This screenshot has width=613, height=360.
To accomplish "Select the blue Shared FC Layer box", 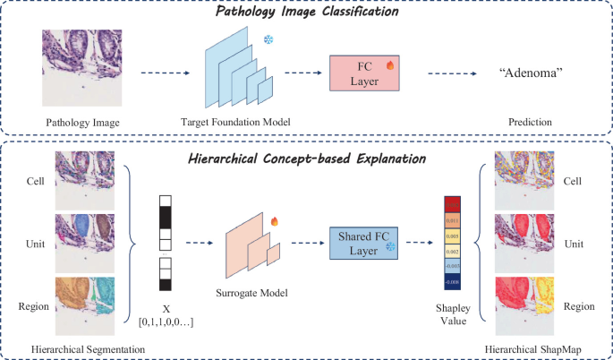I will coord(364,242).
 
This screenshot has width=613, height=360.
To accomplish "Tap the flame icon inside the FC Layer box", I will coord(390,65).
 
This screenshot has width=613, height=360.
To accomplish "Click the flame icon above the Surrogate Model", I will coord(274,219).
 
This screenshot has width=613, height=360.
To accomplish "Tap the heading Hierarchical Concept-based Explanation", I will coord(307,159).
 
